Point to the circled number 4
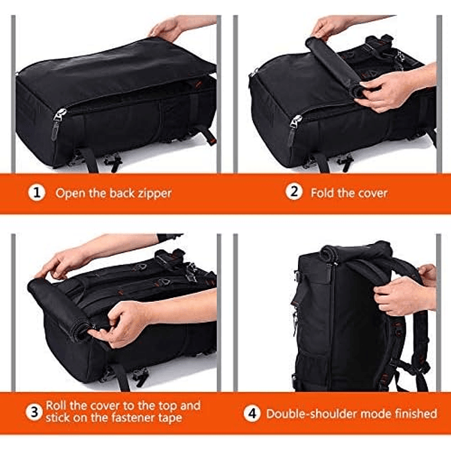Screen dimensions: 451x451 [x=252, y=413]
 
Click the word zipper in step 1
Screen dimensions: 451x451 [x=152, y=193]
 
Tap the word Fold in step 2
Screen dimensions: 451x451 [x=324, y=193]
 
